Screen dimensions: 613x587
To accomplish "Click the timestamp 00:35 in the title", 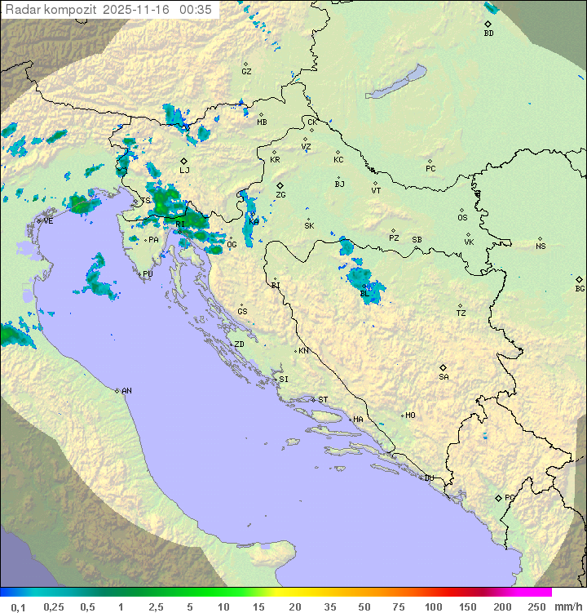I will point(196,10).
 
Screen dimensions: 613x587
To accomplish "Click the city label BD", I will point(488,33).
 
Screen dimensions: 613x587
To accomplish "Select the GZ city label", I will point(246,71).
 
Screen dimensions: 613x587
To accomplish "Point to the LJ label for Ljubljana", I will point(184,170).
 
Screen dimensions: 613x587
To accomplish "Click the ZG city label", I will point(280,195).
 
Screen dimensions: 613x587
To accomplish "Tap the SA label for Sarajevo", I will point(444,376).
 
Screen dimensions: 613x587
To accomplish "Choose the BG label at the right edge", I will point(580,288).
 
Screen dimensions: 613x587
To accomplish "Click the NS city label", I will point(541,246).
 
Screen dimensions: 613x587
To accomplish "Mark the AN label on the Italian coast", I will point(126,391).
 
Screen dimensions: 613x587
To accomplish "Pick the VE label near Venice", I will point(48,220).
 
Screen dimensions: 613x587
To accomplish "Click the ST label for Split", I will point(323,399).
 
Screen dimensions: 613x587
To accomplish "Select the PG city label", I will point(510,497).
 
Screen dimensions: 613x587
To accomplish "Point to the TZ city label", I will point(461,313).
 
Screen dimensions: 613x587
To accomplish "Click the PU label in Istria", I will point(148,274).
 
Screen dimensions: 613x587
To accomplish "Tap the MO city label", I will point(410,415).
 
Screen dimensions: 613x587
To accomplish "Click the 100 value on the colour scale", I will point(433,606).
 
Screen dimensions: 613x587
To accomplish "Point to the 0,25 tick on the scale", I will point(54,606).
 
